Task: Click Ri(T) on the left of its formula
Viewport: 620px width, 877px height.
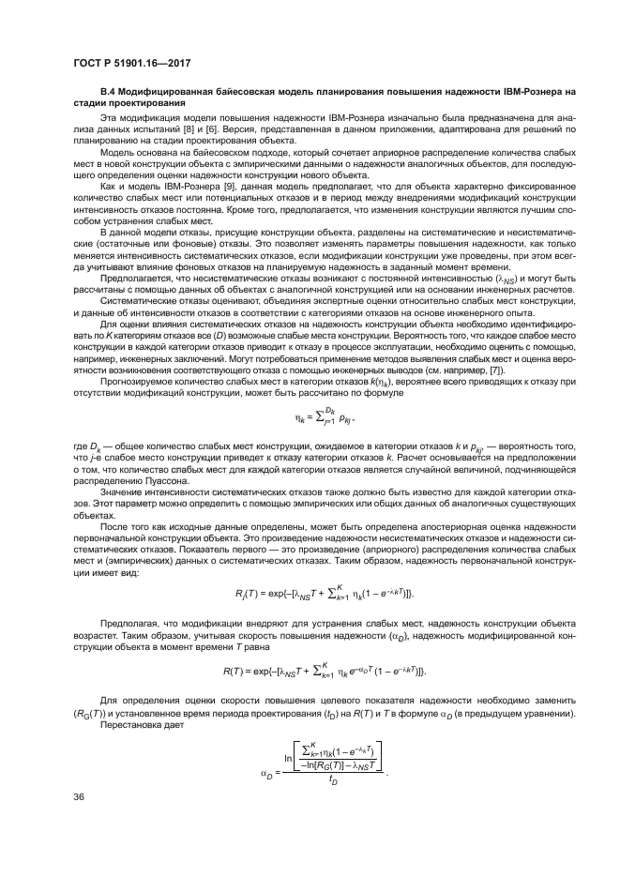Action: point(246,593)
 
